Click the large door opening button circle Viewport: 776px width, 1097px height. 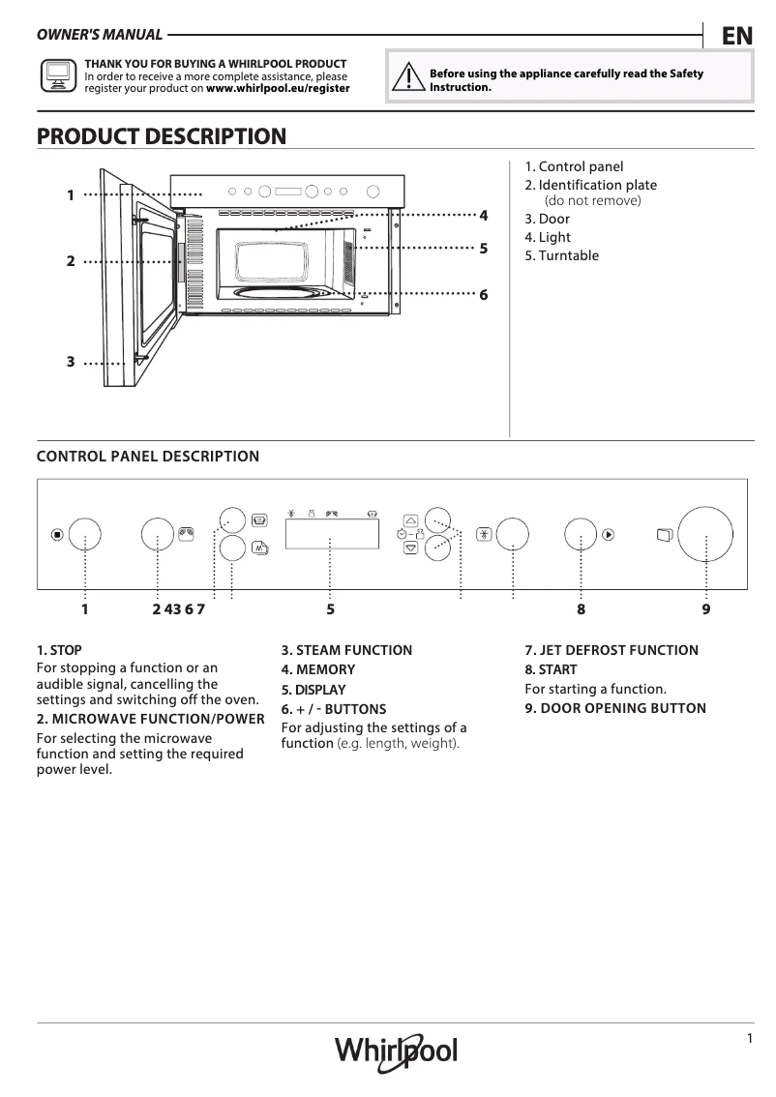click(707, 535)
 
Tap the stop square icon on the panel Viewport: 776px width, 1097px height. click(57, 534)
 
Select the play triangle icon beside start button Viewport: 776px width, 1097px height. click(608, 533)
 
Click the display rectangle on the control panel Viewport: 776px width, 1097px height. click(330, 533)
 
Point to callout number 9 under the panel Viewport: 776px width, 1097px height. click(706, 609)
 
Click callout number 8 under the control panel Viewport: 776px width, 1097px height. click(581, 609)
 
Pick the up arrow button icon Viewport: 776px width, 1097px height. click(410, 519)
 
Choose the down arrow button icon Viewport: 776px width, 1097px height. click(410, 548)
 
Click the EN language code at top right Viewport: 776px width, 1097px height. click(736, 36)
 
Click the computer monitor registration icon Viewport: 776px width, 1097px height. click(56, 74)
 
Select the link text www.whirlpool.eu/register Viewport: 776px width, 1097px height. click(278, 87)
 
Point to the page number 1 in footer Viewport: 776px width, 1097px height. click(750, 1038)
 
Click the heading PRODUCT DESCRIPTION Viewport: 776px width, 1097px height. click(161, 136)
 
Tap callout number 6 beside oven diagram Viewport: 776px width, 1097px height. click(483, 294)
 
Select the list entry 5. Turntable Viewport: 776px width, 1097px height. click(561, 255)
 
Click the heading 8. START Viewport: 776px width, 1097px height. click(551, 669)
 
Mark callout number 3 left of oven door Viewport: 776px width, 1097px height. click(71, 361)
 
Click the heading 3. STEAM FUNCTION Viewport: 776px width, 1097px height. click(346, 650)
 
